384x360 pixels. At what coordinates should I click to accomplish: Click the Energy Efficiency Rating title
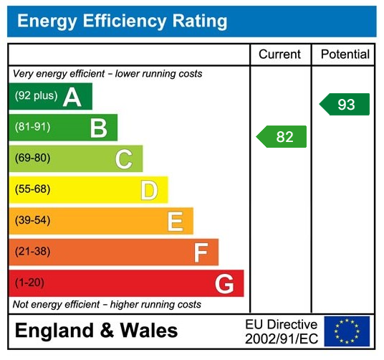[x=122, y=21]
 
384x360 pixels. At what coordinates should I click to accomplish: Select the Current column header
[x=280, y=55]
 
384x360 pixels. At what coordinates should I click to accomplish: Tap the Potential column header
[x=345, y=55]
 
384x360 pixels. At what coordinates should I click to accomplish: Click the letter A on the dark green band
[x=72, y=97]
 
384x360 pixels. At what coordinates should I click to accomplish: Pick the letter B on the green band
[x=98, y=128]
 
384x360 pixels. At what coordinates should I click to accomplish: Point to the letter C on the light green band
[x=124, y=158]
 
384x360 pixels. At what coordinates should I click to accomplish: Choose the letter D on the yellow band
[x=149, y=190]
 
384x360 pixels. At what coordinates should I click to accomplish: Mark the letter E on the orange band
[x=175, y=221]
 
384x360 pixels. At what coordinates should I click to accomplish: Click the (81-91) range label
[x=33, y=127]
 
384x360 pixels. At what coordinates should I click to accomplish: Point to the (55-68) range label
[x=33, y=189]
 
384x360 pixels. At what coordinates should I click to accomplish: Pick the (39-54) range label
[x=33, y=220]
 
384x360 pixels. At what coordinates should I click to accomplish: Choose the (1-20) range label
[x=30, y=283]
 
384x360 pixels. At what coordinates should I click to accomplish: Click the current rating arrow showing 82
[x=282, y=137]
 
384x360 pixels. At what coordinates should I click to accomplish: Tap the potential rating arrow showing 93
[x=345, y=105]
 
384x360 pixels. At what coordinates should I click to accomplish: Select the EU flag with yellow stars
[x=347, y=331]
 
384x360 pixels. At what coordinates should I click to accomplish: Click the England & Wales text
[x=97, y=331]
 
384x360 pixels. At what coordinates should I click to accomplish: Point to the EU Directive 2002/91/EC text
[x=281, y=331]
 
